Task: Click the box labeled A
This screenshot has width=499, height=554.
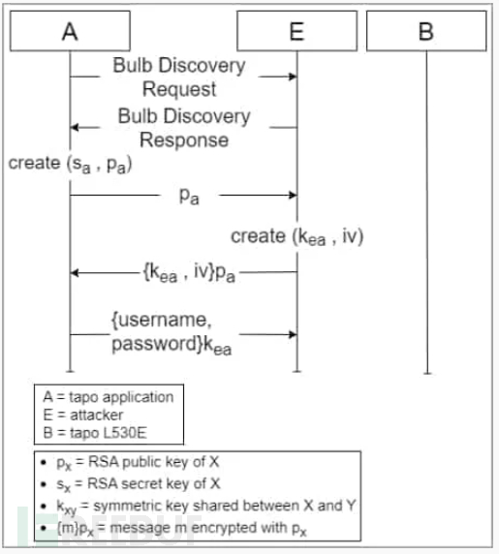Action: (x=70, y=31)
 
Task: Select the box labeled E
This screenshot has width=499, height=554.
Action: (x=296, y=31)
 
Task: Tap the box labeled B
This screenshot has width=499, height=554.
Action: (x=426, y=31)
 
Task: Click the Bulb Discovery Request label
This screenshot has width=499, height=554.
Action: (x=179, y=77)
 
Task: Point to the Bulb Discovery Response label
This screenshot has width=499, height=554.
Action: (x=184, y=128)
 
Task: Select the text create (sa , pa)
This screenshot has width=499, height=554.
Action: (x=71, y=165)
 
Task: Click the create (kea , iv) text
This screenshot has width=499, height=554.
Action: (x=297, y=236)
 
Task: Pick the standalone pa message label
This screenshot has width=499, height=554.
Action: (x=189, y=196)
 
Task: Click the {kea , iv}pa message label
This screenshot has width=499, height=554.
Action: (x=189, y=273)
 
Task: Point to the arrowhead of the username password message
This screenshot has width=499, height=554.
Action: (x=293, y=334)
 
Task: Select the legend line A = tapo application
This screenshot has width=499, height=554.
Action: (x=109, y=397)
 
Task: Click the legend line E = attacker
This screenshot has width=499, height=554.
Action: (x=83, y=415)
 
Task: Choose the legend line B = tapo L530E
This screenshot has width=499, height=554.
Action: (x=95, y=433)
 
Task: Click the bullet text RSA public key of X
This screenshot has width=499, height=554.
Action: (x=154, y=462)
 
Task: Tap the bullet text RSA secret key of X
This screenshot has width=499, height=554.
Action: (x=154, y=483)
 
